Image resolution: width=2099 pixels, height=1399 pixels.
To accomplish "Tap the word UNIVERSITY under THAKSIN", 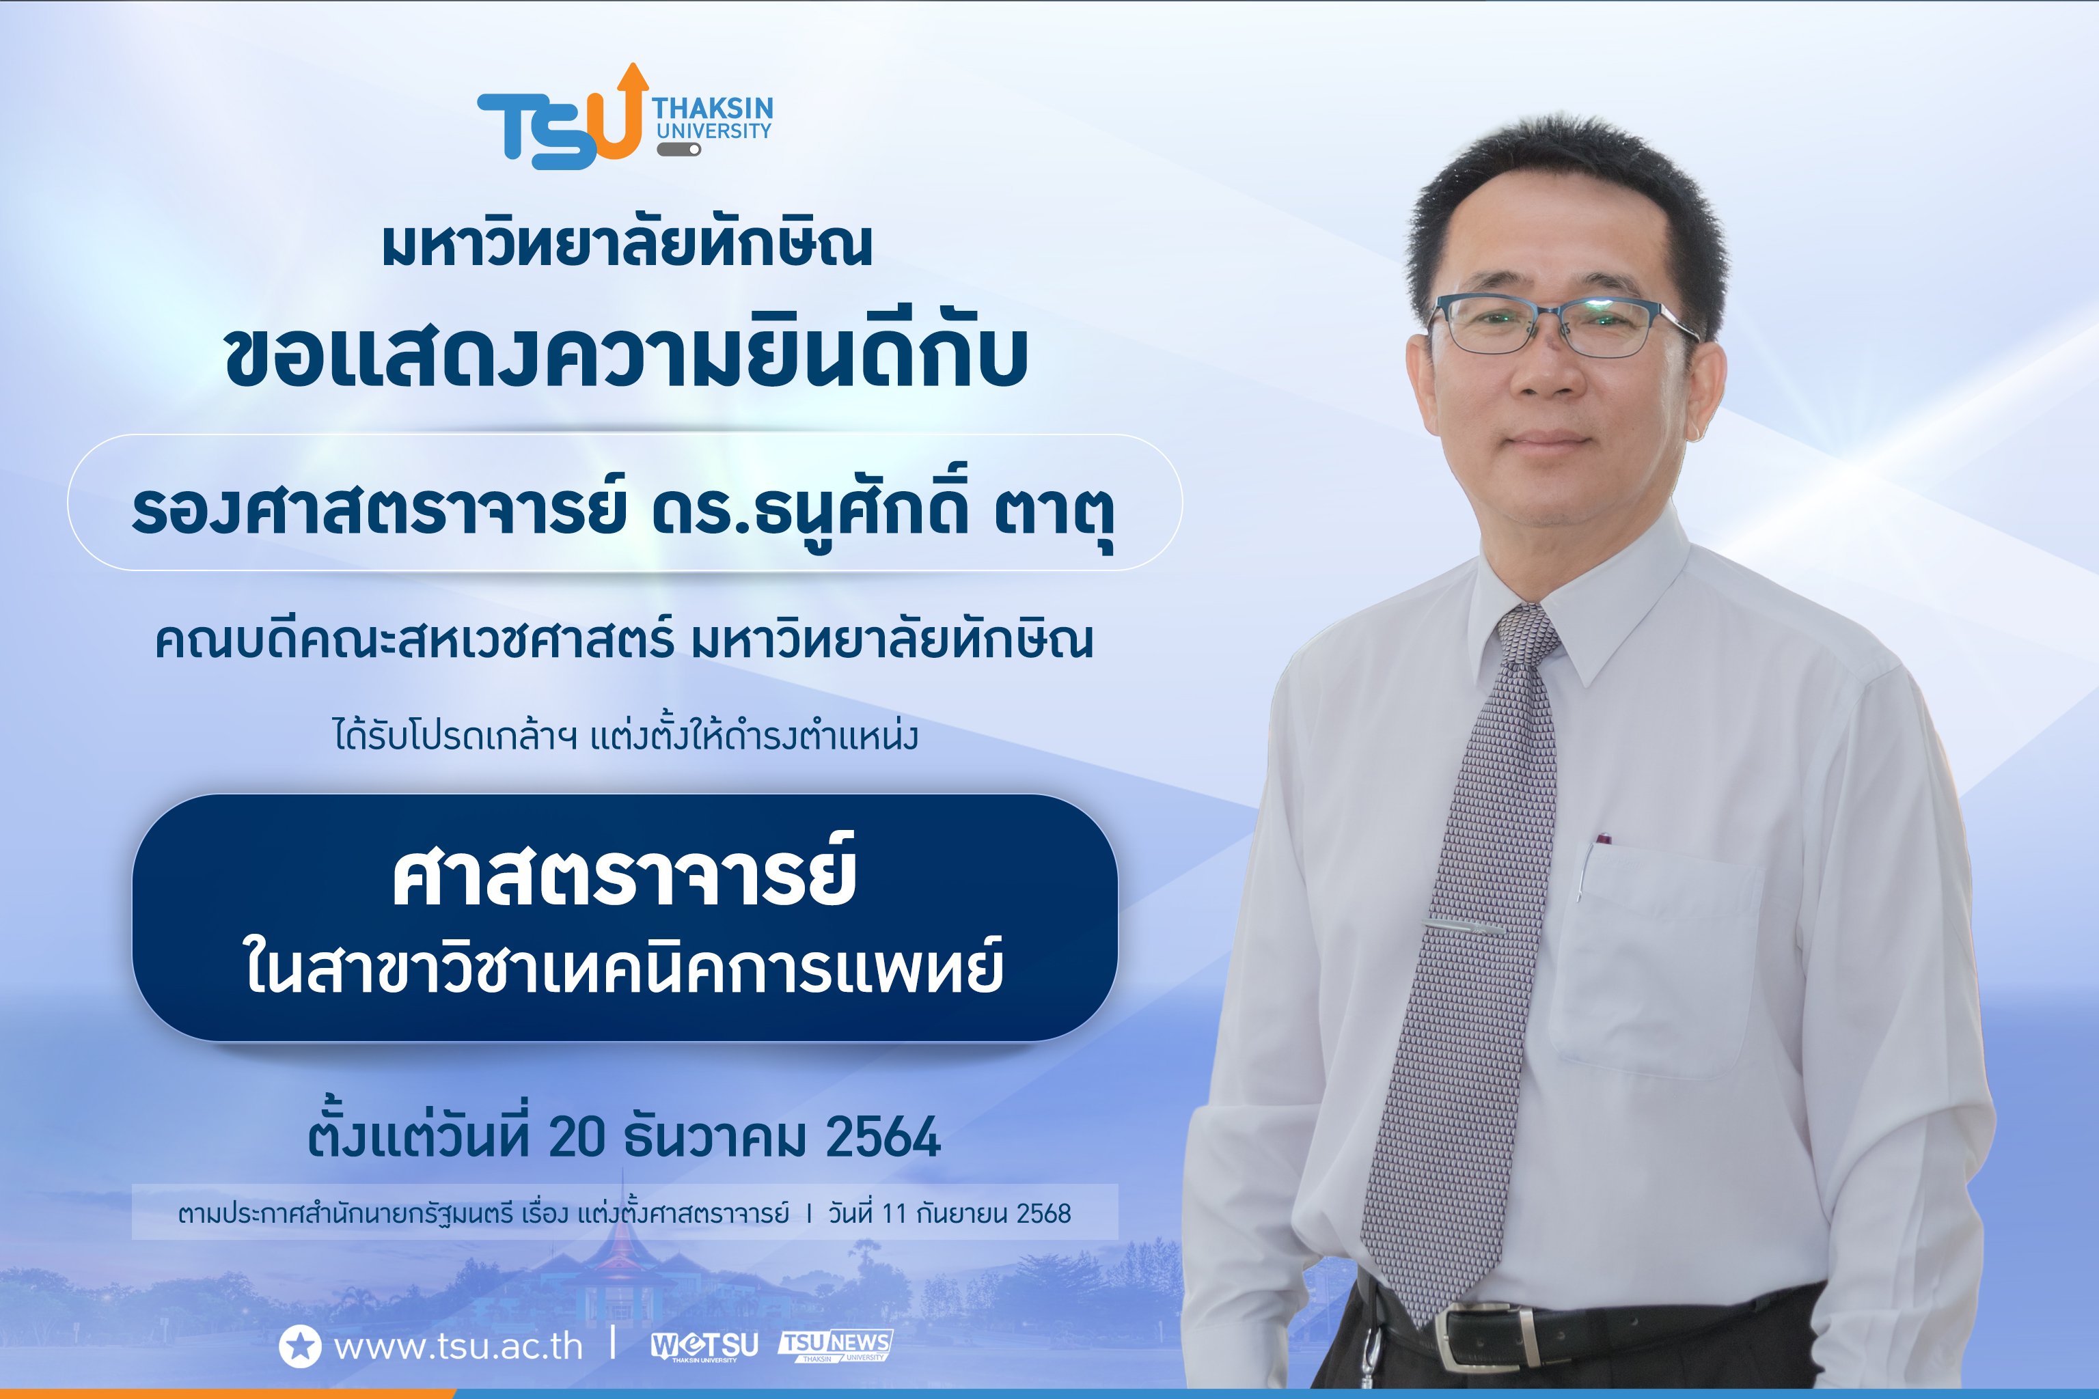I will pyautogui.click(x=714, y=131).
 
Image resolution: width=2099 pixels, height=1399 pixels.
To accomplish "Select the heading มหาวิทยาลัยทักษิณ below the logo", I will pyautogui.click(x=627, y=245).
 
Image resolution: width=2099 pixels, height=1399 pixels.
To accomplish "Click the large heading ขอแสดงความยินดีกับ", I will pyautogui.click(x=627, y=355).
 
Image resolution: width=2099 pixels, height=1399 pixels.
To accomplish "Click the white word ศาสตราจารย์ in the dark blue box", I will pyautogui.click(x=625, y=877).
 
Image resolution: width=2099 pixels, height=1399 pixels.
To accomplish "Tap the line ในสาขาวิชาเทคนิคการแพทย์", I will pyautogui.click(x=625, y=967).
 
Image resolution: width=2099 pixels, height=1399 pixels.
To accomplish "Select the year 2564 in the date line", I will pyautogui.click(x=883, y=1137).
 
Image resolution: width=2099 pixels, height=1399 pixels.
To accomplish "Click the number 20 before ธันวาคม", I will pyautogui.click(x=577, y=1137).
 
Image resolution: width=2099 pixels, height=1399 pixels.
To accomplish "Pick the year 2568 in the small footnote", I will pyautogui.click(x=1043, y=1213).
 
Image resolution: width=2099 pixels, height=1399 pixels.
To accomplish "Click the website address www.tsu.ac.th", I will pyautogui.click(x=458, y=1346).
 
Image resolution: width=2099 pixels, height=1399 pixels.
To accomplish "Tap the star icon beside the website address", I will pyautogui.click(x=300, y=1346).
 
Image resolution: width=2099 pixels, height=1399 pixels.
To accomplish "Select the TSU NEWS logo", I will pyautogui.click(x=836, y=1344).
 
